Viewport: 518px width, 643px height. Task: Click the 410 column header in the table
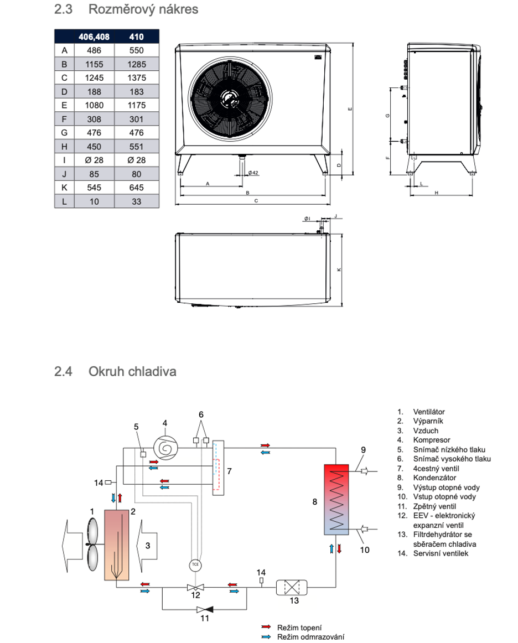137,37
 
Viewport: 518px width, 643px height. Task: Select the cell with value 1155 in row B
94,64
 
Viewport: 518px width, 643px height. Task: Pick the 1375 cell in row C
137,77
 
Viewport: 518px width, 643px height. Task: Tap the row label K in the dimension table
64,188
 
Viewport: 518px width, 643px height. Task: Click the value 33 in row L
137,201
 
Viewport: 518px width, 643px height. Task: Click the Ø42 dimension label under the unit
253,173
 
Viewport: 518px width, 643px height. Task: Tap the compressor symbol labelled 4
165,448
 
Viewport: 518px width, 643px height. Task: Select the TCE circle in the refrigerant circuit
195,564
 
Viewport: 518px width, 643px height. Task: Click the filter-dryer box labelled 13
292,587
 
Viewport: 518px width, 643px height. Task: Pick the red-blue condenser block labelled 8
336,500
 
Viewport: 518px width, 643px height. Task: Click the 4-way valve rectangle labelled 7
218,468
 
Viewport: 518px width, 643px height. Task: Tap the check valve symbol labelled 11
204,609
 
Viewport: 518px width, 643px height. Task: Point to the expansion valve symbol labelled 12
195,587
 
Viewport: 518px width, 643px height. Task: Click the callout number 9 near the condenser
363,450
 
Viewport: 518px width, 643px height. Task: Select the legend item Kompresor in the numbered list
432,440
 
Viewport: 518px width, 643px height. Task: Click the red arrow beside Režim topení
266,627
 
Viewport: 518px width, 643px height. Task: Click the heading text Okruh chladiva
132,371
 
